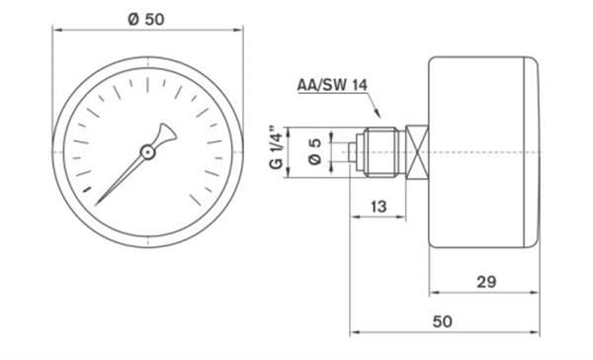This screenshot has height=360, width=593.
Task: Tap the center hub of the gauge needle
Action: (146, 151)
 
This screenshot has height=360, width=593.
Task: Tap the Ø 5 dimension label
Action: (314, 150)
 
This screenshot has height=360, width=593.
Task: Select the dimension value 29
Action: (486, 282)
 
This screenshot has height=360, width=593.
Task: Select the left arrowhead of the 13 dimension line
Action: (354, 217)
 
